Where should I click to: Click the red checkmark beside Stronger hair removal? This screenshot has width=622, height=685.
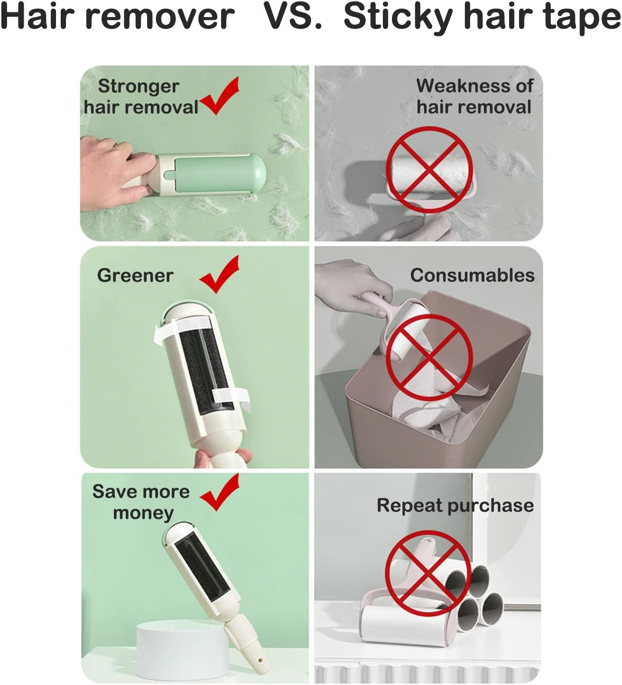(x=219, y=96)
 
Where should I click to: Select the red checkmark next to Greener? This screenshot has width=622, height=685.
(x=219, y=274)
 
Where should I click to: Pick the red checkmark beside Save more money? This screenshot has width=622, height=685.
(x=219, y=492)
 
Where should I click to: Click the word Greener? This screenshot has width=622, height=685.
(x=135, y=275)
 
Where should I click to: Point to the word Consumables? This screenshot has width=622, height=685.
(x=473, y=275)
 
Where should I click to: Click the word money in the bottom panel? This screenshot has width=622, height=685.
(x=143, y=513)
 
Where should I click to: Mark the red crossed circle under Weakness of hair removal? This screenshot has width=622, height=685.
(x=429, y=170)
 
